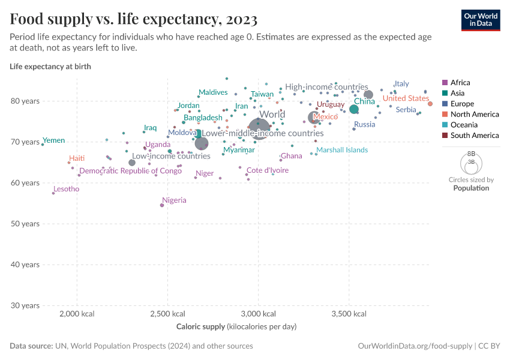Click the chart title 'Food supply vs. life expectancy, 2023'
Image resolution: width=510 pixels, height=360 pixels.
tap(134, 19)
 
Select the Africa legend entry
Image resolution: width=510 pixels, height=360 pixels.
tap(460, 83)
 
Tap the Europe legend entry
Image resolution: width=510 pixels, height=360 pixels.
tap(462, 104)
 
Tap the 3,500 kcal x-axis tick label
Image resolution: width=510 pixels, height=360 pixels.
tap(350, 314)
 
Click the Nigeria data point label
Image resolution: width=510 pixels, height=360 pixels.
tap(174, 200)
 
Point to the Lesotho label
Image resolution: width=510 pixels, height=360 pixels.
tap(66, 189)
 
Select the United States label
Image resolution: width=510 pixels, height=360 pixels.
tap(406, 98)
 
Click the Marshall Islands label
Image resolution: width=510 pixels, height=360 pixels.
tap(342, 150)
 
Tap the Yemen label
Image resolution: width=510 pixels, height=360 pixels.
tap(54, 140)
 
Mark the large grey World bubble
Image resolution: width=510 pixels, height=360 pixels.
tap(259, 128)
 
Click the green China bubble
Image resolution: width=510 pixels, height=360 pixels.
tap(354, 109)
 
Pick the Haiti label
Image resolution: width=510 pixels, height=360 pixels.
tap(77, 158)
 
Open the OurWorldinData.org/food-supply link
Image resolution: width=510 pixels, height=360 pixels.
tap(414, 346)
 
